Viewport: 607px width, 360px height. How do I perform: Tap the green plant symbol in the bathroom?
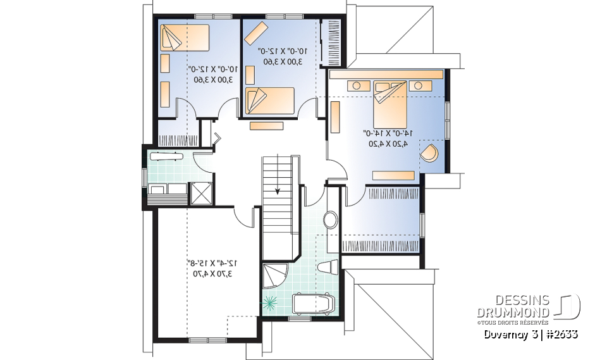click(271, 304)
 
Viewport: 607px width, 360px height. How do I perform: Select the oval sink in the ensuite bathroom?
click(331, 220)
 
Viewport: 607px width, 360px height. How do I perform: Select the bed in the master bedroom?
click(390, 103)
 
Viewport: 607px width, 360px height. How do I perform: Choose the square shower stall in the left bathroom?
click(201, 192)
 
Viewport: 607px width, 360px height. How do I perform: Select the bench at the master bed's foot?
click(393, 175)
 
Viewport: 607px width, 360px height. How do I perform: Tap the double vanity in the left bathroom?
click(167, 188)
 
